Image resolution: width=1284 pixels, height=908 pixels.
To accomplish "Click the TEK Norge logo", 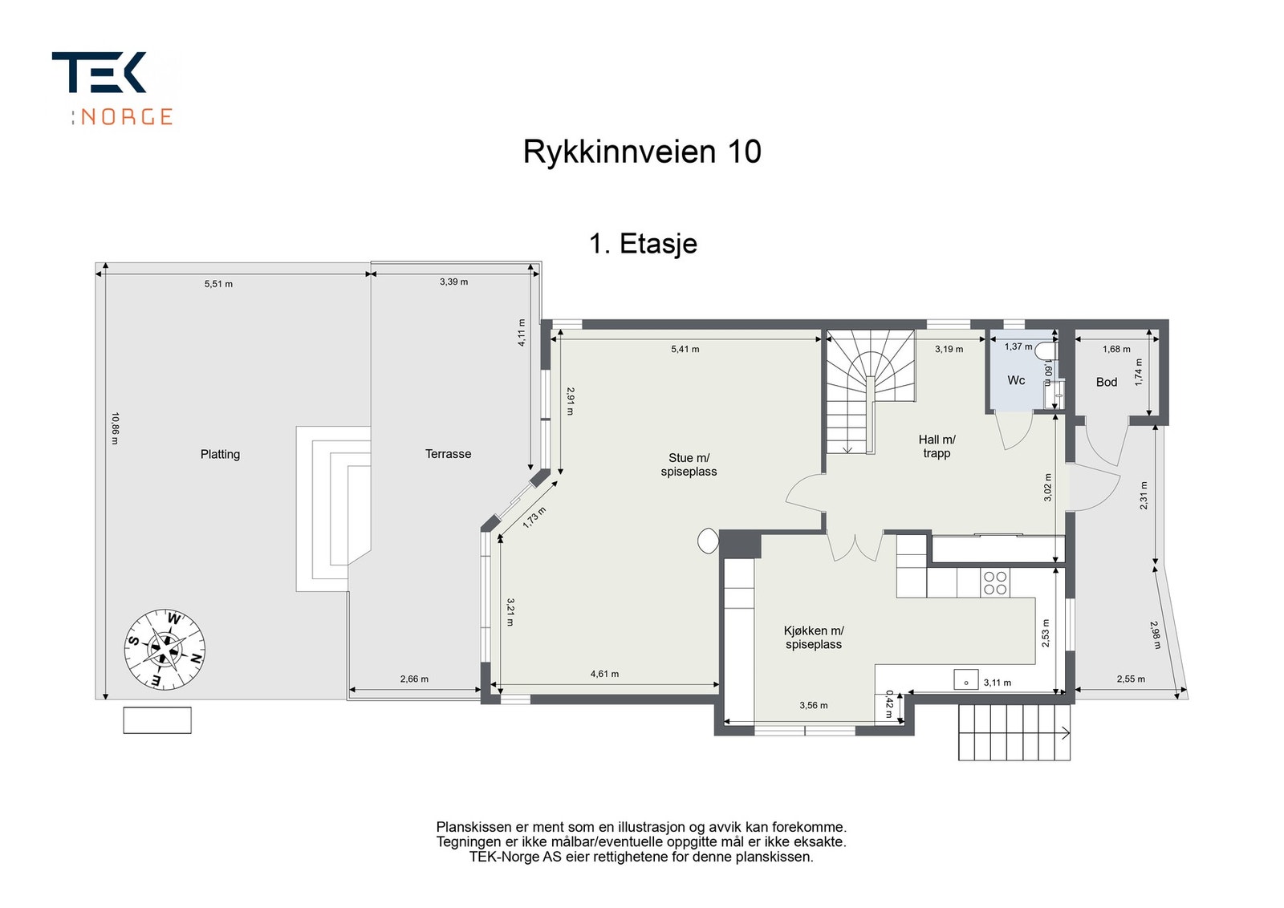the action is tap(112, 88).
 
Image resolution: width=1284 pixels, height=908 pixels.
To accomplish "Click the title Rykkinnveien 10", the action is tap(642, 152).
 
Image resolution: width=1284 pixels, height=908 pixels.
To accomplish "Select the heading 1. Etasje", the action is tap(643, 244).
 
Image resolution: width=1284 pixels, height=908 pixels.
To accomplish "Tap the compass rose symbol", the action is tap(165, 649).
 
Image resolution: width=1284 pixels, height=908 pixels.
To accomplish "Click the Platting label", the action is tap(220, 454).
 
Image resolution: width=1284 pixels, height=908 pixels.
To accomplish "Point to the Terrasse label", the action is tap(449, 454).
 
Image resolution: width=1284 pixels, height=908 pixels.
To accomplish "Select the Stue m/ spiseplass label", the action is tap(689, 464).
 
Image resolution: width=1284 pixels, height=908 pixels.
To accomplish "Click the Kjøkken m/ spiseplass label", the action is tap(814, 638).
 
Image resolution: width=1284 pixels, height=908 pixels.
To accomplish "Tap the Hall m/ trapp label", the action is tap(937, 446).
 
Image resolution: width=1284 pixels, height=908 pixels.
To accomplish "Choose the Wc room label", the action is tap(1016, 380).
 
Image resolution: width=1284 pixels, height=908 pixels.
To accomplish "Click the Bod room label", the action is tap(1107, 382).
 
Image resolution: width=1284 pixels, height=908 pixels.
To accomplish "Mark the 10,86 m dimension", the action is tap(115, 428).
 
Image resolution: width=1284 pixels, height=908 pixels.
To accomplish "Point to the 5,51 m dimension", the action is tap(218, 284).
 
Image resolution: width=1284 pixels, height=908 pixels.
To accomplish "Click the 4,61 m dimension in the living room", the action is tap(605, 675).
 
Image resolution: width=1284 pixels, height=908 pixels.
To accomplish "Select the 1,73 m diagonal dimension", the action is tap(534, 518).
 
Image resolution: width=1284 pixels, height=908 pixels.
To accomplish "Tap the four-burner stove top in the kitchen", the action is tap(995, 583).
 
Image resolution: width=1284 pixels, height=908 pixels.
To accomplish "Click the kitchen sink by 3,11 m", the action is tap(966, 679).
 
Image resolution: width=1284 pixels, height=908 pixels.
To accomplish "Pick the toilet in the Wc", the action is tap(1046, 350).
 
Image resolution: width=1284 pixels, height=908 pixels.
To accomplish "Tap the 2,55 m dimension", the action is tap(1131, 679).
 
